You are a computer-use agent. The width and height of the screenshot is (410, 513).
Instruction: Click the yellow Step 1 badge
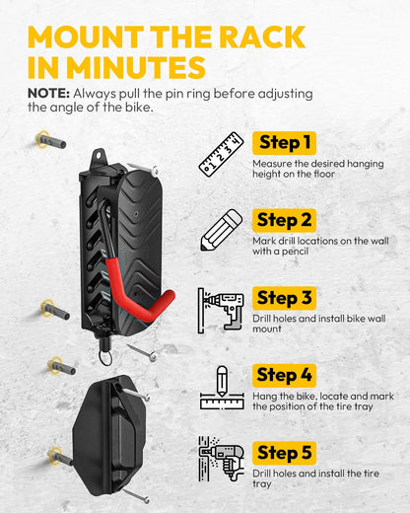coord(284,143)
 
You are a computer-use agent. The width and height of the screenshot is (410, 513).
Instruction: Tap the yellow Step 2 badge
coord(284,220)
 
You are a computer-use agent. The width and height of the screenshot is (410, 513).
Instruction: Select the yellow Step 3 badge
coord(284,298)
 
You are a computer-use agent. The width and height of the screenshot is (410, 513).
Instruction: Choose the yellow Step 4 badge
coord(284,376)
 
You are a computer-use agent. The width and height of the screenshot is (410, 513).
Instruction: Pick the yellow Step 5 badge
coord(284,453)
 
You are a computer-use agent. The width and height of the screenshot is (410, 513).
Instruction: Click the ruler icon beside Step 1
coord(222,155)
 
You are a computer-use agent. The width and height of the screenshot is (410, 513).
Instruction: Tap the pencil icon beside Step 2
coord(222,230)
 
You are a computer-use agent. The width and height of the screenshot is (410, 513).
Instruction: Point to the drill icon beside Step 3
coord(221,311)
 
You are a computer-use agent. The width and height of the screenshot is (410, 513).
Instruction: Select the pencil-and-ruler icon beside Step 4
coord(222,388)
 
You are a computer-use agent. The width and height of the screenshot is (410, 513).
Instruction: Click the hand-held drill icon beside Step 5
coord(222,459)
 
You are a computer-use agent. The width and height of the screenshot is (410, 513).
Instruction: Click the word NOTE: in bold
coord(48,94)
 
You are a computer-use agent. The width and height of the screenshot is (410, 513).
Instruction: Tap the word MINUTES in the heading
coord(136,67)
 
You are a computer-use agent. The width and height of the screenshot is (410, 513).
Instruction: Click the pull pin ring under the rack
coord(105,357)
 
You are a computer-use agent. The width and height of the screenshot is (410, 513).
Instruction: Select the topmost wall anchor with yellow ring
coord(49,140)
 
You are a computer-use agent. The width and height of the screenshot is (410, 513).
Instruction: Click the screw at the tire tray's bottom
coord(135,495)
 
